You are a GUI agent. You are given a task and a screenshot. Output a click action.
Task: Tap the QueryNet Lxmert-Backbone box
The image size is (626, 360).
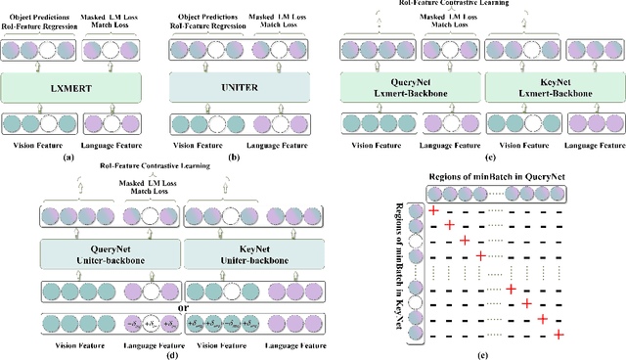click(x=410, y=89)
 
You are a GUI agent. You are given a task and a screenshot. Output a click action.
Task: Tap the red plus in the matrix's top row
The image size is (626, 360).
click(x=432, y=211)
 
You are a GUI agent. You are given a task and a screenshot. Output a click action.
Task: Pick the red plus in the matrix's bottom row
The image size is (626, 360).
click(x=558, y=335)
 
